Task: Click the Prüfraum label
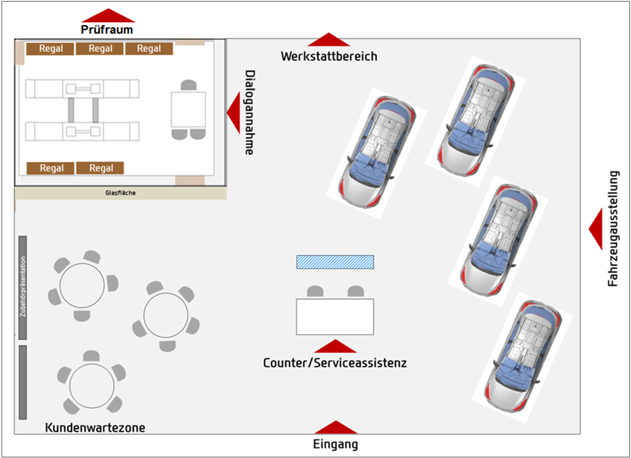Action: (107, 29)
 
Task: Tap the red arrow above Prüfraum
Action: (108, 16)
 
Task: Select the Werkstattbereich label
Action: (329, 56)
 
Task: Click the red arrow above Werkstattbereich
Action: (329, 40)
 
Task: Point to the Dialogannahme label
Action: (249, 112)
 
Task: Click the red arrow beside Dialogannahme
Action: (234, 112)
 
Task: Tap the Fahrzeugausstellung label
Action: (613, 229)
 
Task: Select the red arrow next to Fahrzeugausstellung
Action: (596, 229)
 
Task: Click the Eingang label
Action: (335, 444)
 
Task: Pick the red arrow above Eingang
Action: (336, 427)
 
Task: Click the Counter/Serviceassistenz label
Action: (335, 363)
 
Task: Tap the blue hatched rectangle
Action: (335, 262)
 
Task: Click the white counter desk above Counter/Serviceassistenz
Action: (335, 317)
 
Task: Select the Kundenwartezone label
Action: (95, 428)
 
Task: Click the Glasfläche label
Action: (120, 193)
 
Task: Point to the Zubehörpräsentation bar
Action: (23, 287)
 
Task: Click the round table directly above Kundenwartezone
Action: (92, 386)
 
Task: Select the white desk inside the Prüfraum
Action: (188, 109)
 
